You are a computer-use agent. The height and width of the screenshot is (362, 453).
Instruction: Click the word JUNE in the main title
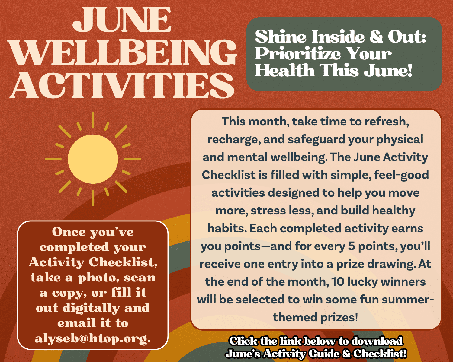pyautogui.click(x=122, y=20)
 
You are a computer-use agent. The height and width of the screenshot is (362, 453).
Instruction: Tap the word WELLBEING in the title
pyautogui.click(x=123, y=52)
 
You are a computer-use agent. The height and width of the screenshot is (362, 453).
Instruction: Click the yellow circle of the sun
pyautogui.click(x=93, y=159)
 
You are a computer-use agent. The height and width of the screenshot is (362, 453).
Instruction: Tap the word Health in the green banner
pyautogui.click(x=284, y=71)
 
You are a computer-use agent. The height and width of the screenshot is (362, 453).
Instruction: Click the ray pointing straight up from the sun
pyautogui.click(x=93, y=120)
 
